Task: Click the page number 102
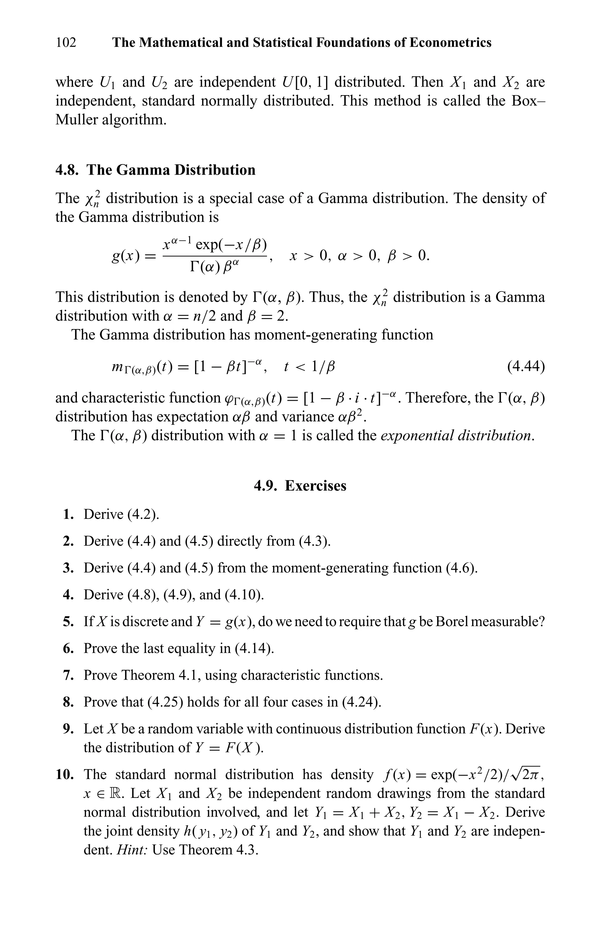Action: point(66,42)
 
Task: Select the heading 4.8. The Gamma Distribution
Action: point(155,170)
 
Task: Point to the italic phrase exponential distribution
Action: point(457,435)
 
